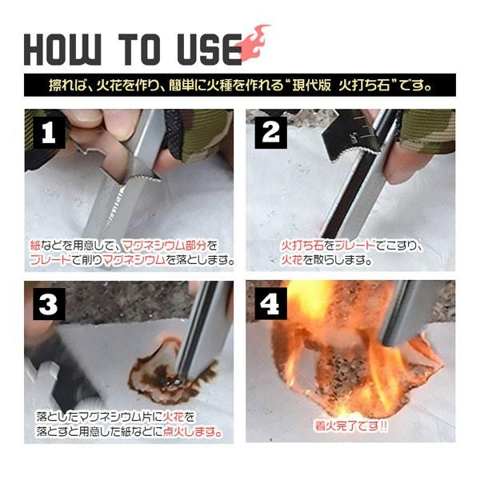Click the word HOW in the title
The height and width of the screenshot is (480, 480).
point(62,49)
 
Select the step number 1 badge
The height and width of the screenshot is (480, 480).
point(49,133)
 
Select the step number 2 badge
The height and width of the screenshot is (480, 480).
point(270,133)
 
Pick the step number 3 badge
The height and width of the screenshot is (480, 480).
point(49,304)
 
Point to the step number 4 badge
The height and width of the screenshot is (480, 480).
point(270,304)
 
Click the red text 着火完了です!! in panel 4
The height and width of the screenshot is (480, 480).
point(351,426)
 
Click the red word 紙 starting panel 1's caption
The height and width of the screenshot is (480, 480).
point(35,246)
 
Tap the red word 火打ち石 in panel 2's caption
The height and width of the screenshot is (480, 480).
point(302,246)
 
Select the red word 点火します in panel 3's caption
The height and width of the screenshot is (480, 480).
point(193,432)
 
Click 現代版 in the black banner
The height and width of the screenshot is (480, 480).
point(311,86)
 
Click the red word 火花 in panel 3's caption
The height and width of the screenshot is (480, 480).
point(174,417)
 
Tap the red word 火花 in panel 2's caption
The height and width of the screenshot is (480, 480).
point(292,260)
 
